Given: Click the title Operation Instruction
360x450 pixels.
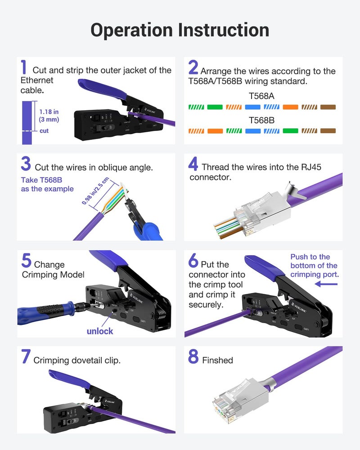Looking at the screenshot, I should click(180, 30).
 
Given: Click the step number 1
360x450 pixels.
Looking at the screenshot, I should click(24, 67).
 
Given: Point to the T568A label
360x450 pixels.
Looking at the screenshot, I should click(261, 96).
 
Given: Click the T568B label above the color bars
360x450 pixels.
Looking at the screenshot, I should click(261, 121).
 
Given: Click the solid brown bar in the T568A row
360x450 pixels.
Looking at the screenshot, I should click(328, 108).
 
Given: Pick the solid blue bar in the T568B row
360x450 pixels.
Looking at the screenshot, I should click(252, 131).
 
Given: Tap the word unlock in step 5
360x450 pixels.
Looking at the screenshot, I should click(100, 331).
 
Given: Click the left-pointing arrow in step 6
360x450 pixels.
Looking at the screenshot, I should click(326, 284).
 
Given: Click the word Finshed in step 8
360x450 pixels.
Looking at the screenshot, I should click(217, 360).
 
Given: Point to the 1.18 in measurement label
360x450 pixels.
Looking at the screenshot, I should click(49, 112).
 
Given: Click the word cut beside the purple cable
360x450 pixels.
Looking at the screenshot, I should click(44, 131).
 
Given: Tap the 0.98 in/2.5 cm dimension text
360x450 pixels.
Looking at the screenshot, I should click(95, 192).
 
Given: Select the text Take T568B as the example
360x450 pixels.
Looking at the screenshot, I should click(47, 184).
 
